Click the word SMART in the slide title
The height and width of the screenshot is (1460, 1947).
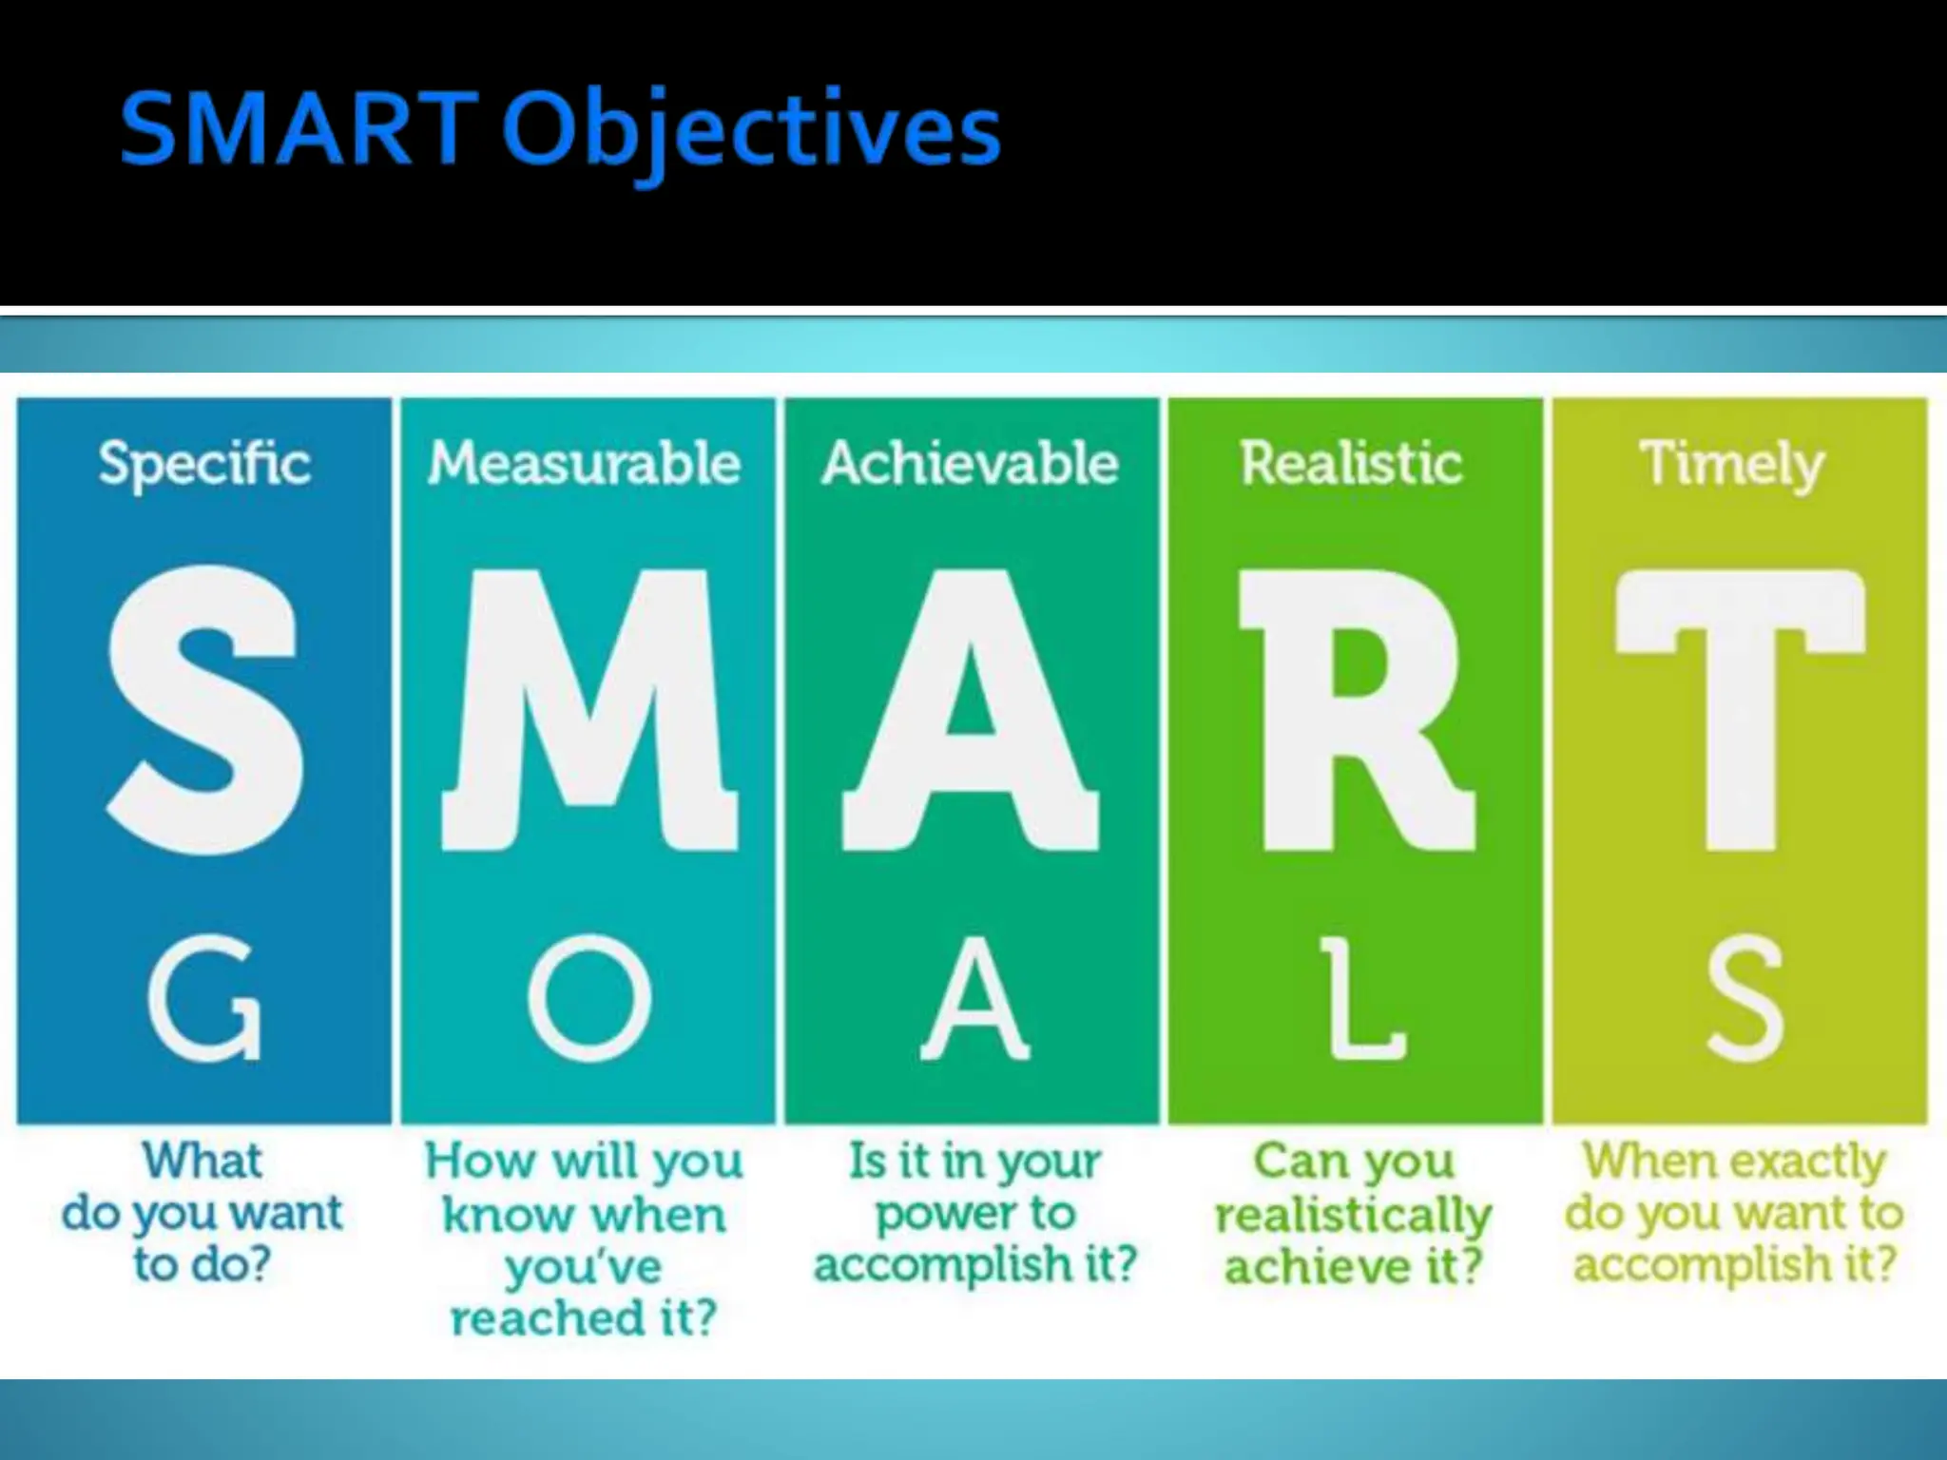[298, 128]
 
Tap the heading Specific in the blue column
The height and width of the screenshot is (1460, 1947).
[204, 464]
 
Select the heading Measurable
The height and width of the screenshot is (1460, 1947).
[584, 464]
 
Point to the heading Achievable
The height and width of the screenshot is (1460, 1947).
[970, 464]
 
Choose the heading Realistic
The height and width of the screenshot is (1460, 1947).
[1351, 464]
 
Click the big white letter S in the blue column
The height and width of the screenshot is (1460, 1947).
[205, 709]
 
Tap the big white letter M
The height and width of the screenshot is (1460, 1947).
[589, 709]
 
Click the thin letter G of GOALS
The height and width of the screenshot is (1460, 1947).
[205, 997]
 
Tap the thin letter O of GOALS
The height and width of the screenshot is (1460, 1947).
[590, 997]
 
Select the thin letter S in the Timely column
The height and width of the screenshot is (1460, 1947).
[1745, 997]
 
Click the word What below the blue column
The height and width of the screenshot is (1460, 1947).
[202, 1162]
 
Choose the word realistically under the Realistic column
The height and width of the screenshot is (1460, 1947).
[1353, 1216]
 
